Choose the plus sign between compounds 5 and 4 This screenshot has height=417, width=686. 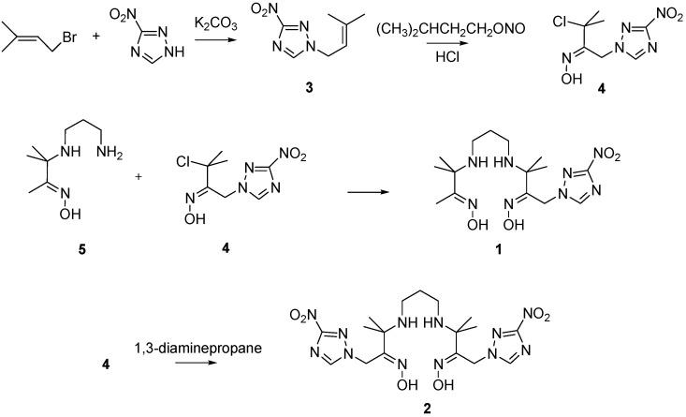151,175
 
